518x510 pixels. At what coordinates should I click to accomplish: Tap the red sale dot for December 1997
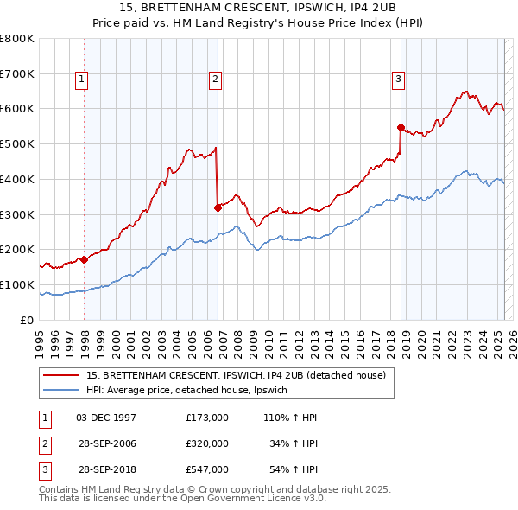(84, 258)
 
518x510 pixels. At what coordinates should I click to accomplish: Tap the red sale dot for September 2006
(218, 207)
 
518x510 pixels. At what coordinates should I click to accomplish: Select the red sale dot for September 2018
(401, 127)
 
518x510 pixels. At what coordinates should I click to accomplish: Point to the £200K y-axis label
(16, 249)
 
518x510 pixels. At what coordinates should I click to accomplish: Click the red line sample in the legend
(60, 375)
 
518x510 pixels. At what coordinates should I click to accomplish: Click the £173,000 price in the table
(207, 418)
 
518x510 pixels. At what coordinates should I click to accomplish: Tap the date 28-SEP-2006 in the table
(106, 443)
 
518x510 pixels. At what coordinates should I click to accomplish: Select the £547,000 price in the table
(207, 469)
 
